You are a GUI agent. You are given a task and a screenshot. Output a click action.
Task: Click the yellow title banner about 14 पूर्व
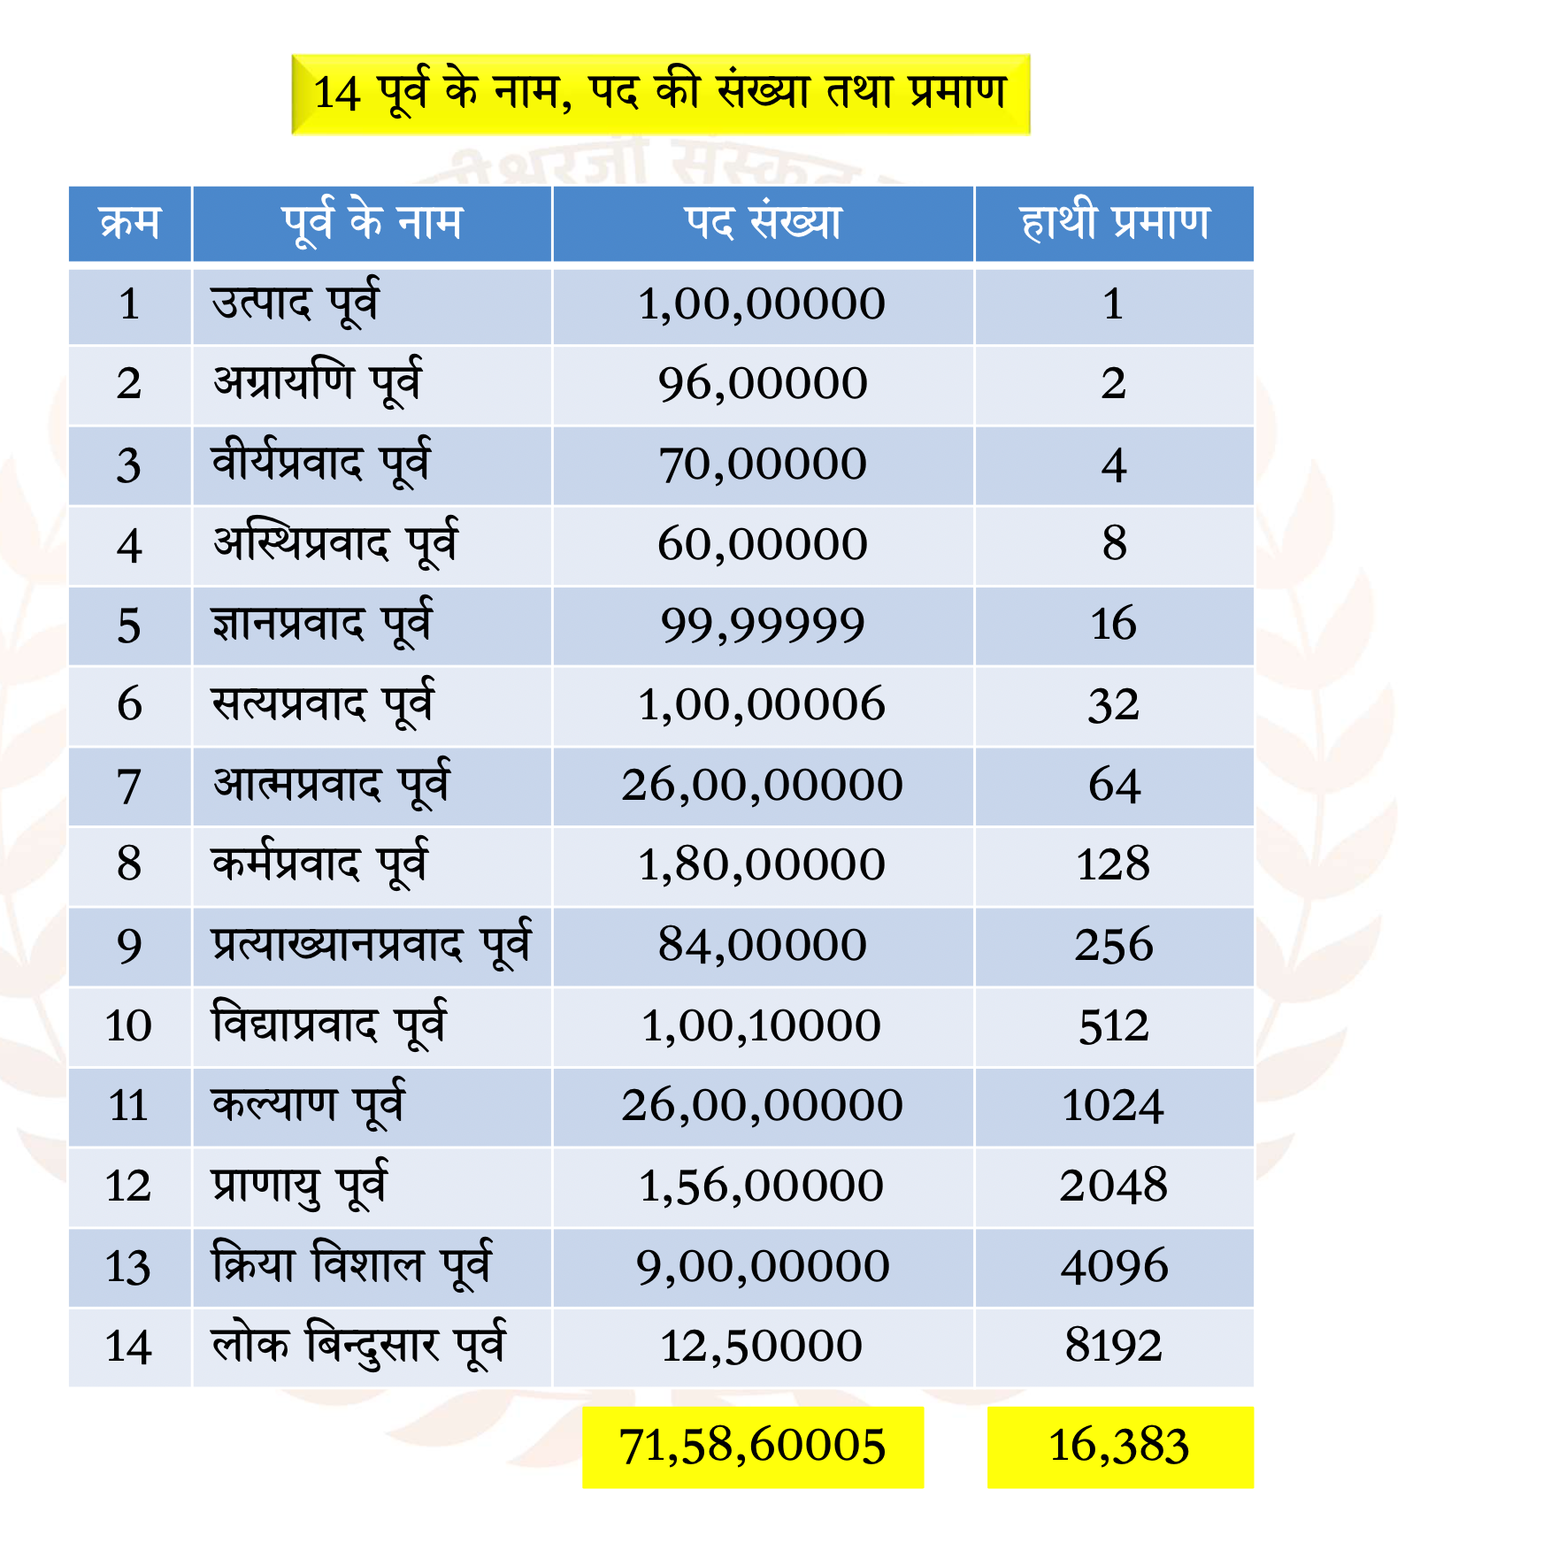tap(661, 94)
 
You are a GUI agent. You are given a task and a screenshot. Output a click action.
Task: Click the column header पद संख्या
tap(763, 222)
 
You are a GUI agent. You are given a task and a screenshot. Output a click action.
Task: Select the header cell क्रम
tap(130, 222)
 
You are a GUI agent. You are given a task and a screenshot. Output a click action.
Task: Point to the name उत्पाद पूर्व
tap(296, 303)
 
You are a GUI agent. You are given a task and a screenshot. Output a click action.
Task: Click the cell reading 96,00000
tap(763, 384)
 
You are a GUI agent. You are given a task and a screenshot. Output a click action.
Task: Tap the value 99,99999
tap(763, 626)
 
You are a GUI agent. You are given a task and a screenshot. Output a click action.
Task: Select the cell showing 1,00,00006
tap(762, 704)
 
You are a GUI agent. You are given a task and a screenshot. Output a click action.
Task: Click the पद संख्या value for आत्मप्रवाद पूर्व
tap(762, 785)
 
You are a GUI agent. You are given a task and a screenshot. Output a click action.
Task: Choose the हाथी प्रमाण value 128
tap(1113, 864)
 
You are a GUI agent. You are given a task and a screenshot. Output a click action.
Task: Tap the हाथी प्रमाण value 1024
tap(1113, 1106)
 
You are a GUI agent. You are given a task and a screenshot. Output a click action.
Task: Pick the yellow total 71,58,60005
tap(753, 1447)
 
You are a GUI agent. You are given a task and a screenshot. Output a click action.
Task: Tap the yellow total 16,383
tap(1120, 1447)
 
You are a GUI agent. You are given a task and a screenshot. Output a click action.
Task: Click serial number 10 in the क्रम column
tap(129, 1026)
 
